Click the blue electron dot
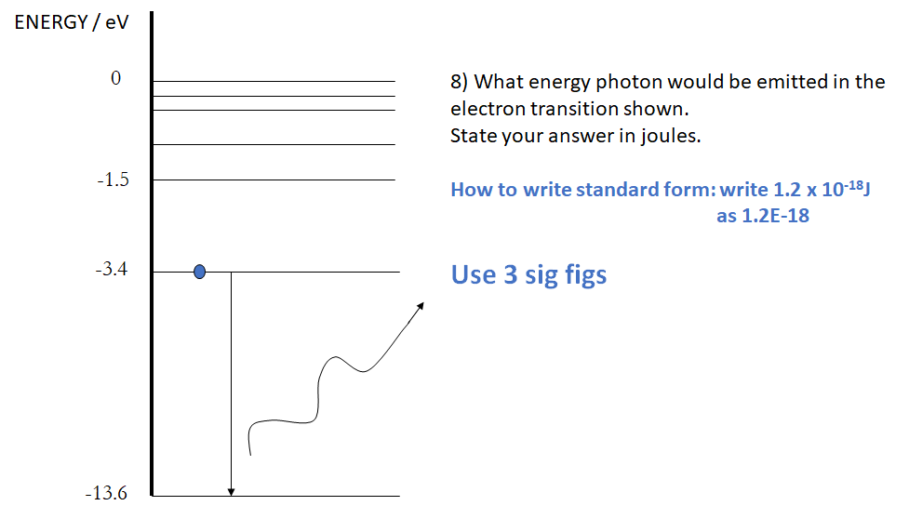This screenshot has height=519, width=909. pos(199,272)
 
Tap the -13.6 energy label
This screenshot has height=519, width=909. pos(105,493)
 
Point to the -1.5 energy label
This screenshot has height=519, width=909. pos(112,180)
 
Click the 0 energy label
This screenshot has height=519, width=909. pos(115,79)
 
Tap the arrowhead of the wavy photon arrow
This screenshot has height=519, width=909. pos(421,306)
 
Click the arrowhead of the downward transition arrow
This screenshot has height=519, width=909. pos(231,491)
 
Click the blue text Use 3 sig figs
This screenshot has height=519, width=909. pos(528,274)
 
